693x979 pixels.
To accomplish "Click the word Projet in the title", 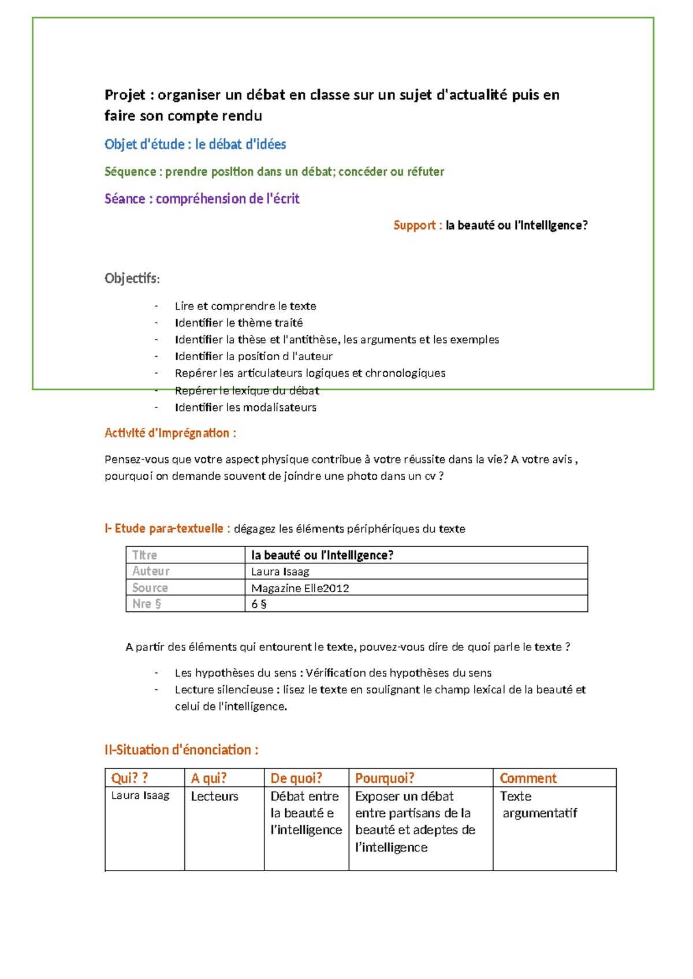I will click(125, 95).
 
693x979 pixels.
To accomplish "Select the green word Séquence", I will click(130, 171).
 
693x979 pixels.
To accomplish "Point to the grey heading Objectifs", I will click(132, 278).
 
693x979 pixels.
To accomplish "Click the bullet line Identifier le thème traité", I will click(239, 323).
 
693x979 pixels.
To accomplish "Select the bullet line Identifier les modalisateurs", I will click(245, 408).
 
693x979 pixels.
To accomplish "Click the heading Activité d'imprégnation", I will click(170, 433).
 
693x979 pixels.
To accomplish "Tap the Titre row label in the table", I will click(144, 555).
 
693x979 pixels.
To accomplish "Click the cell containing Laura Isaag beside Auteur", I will click(280, 571).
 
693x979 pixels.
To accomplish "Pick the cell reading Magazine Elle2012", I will click(300, 588).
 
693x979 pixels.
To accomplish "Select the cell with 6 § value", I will click(259, 604).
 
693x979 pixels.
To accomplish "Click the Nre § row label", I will click(147, 604).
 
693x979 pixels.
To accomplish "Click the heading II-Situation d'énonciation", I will click(181, 750).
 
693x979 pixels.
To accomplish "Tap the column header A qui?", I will click(209, 778).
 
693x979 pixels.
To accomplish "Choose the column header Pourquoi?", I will click(385, 778).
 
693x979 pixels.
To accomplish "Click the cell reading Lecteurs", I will click(214, 797).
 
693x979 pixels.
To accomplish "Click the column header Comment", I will click(528, 778).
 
